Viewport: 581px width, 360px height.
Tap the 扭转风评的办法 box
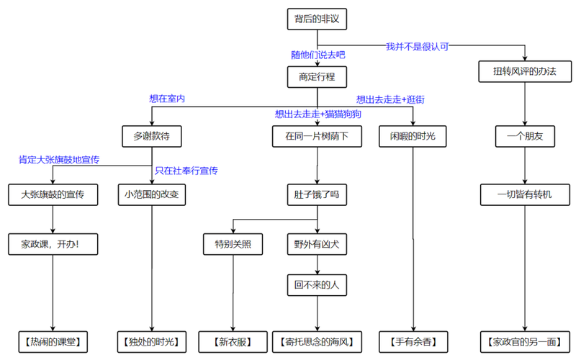click(x=526, y=73)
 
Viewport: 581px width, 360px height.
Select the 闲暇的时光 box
click(x=412, y=136)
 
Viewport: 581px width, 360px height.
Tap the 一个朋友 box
click(x=526, y=136)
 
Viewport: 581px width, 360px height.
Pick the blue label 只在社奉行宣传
click(x=186, y=171)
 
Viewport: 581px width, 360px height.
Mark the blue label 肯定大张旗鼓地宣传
click(x=59, y=159)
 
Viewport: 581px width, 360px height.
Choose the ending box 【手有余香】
click(x=413, y=341)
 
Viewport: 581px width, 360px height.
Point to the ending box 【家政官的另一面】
click(x=526, y=341)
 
